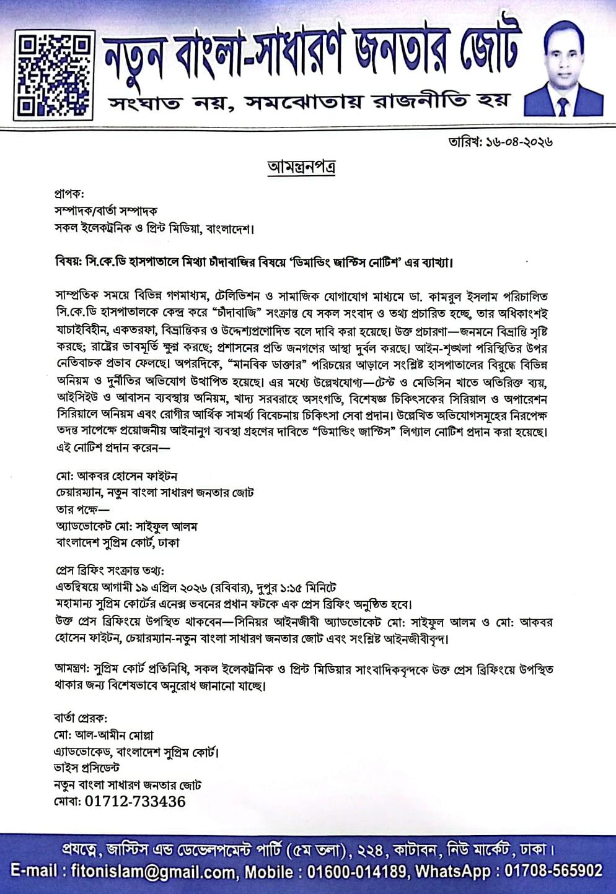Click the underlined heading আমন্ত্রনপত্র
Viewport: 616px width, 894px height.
pos(302,167)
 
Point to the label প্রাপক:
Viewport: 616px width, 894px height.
pos(69,194)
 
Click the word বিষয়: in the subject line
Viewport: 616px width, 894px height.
pos(68,262)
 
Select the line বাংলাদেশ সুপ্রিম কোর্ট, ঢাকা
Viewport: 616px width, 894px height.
pos(118,543)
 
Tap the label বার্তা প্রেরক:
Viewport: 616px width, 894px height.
pos(81,718)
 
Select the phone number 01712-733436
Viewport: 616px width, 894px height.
pos(134,802)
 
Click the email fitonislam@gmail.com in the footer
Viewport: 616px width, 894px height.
pos(153,872)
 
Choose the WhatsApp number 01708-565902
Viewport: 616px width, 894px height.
pos(553,871)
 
